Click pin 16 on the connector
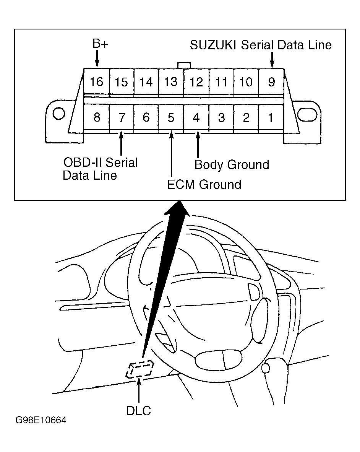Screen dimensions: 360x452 click(x=96, y=81)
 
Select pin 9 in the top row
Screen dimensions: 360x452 click(x=271, y=81)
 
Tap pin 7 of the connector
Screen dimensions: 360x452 click(x=122, y=117)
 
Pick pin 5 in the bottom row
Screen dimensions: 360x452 click(x=171, y=117)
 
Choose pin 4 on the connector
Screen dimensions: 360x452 click(x=196, y=117)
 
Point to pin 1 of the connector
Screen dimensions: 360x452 click(x=271, y=117)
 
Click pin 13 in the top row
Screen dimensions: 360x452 click(x=171, y=81)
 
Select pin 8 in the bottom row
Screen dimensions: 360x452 click(x=97, y=117)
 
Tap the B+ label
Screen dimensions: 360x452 click(x=100, y=44)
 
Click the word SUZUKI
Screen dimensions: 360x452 click(x=213, y=45)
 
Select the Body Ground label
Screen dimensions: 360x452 click(x=232, y=165)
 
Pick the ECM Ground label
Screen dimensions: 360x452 click(x=204, y=184)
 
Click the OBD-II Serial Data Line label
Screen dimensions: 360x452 click(x=100, y=169)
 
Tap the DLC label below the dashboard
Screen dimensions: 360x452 click(x=138, y=411)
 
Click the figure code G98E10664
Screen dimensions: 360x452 click(x=41, y=420)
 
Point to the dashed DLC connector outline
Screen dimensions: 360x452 click(x=139, y=369)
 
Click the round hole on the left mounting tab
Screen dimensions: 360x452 click(x=59, y=114)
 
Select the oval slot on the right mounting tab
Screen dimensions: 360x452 click(x=307, y=114)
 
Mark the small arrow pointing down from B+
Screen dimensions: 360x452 click(x=97, y=59)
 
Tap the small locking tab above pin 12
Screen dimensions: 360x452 click(x=184, y=65)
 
